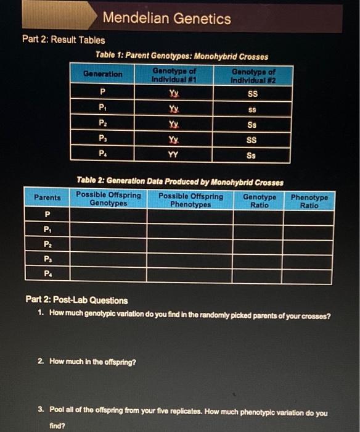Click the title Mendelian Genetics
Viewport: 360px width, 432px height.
[167, 19]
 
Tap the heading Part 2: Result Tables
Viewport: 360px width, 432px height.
[63, 39]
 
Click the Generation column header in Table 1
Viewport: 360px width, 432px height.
[102, 74]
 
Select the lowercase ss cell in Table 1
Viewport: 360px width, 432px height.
[252, 109]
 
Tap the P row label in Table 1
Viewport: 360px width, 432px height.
[102, 94]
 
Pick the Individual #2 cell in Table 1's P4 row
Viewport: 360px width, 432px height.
[252, 156]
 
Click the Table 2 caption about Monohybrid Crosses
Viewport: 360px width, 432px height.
[181, 182]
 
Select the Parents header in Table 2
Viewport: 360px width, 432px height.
[47, 197]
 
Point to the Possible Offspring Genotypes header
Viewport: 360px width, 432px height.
[108, 199]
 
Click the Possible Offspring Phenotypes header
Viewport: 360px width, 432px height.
[190, 199]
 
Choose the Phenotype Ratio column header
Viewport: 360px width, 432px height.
[309, 201]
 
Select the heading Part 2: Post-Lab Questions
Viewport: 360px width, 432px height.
[77, 301]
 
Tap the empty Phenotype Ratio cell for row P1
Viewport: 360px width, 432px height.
[309, 231]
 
